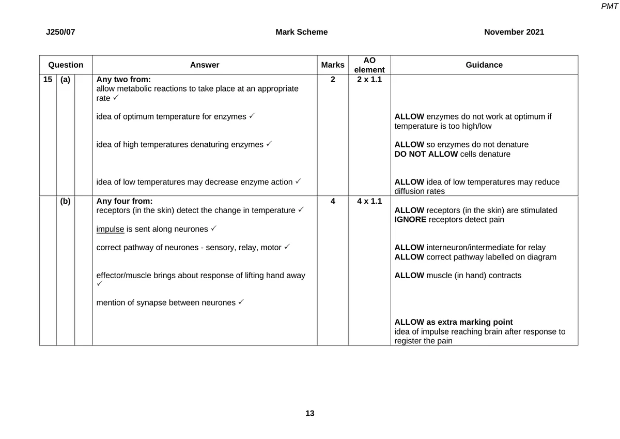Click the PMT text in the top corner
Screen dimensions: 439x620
point(610,6)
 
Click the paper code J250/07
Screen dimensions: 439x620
point(60,32)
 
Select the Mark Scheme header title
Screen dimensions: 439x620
point(301,32)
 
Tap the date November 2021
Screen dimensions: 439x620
point(514,32)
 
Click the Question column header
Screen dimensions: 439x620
point(66,65)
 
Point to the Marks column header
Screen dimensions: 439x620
point(332,65)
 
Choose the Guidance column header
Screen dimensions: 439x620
point(484,65)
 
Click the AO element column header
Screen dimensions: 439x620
point(369,65)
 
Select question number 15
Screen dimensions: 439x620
point(48,80)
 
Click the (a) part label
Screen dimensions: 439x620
point(65,80)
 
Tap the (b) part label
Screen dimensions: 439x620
point(65,201)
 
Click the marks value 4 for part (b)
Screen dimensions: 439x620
point(332,201)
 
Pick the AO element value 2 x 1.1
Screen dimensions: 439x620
point(369,80)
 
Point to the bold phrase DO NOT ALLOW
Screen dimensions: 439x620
point(426,154)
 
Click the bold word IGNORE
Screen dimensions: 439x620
point(410,220)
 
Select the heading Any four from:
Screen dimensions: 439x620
point(125,201)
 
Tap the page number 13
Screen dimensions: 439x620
point(309,414)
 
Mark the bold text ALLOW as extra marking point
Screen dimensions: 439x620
point(453,322)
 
